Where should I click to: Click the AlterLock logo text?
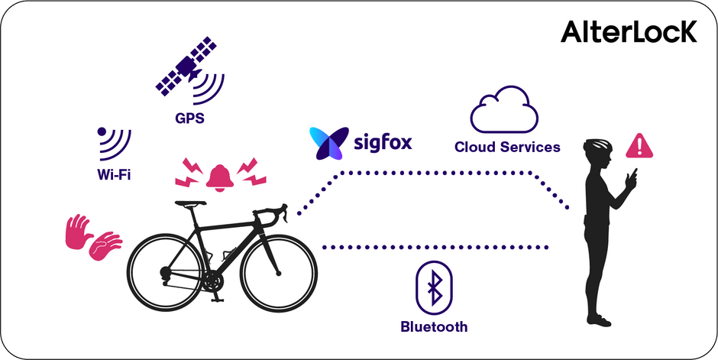pyautogui.click(x=629, y=32)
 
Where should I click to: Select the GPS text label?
pyautogui.click(x=189, y=118)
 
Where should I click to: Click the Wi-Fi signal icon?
pyautogui.click(x=115, y=144)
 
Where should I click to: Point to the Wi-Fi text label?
pyautogui.click(x=114, y=174)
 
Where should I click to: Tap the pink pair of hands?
pyautogui.click(x=93, y=237)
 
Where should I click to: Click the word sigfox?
pyautogui.click(x=383, y=143)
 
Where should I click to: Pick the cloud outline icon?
pyautogui.click(x=504, y=110)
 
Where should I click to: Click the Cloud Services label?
pyautogui.click(x=507, y=147)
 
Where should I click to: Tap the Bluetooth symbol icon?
pyautogui.click(x=434, y=287)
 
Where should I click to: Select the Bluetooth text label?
pyautogui.click(x=434, y=327)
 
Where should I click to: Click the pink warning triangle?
pyautogui.click(x=639, y=146)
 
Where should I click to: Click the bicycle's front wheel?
pyautogui.click(x=279, y=273)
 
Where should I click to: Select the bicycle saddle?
pyautogui.click(x=189, y=203)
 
